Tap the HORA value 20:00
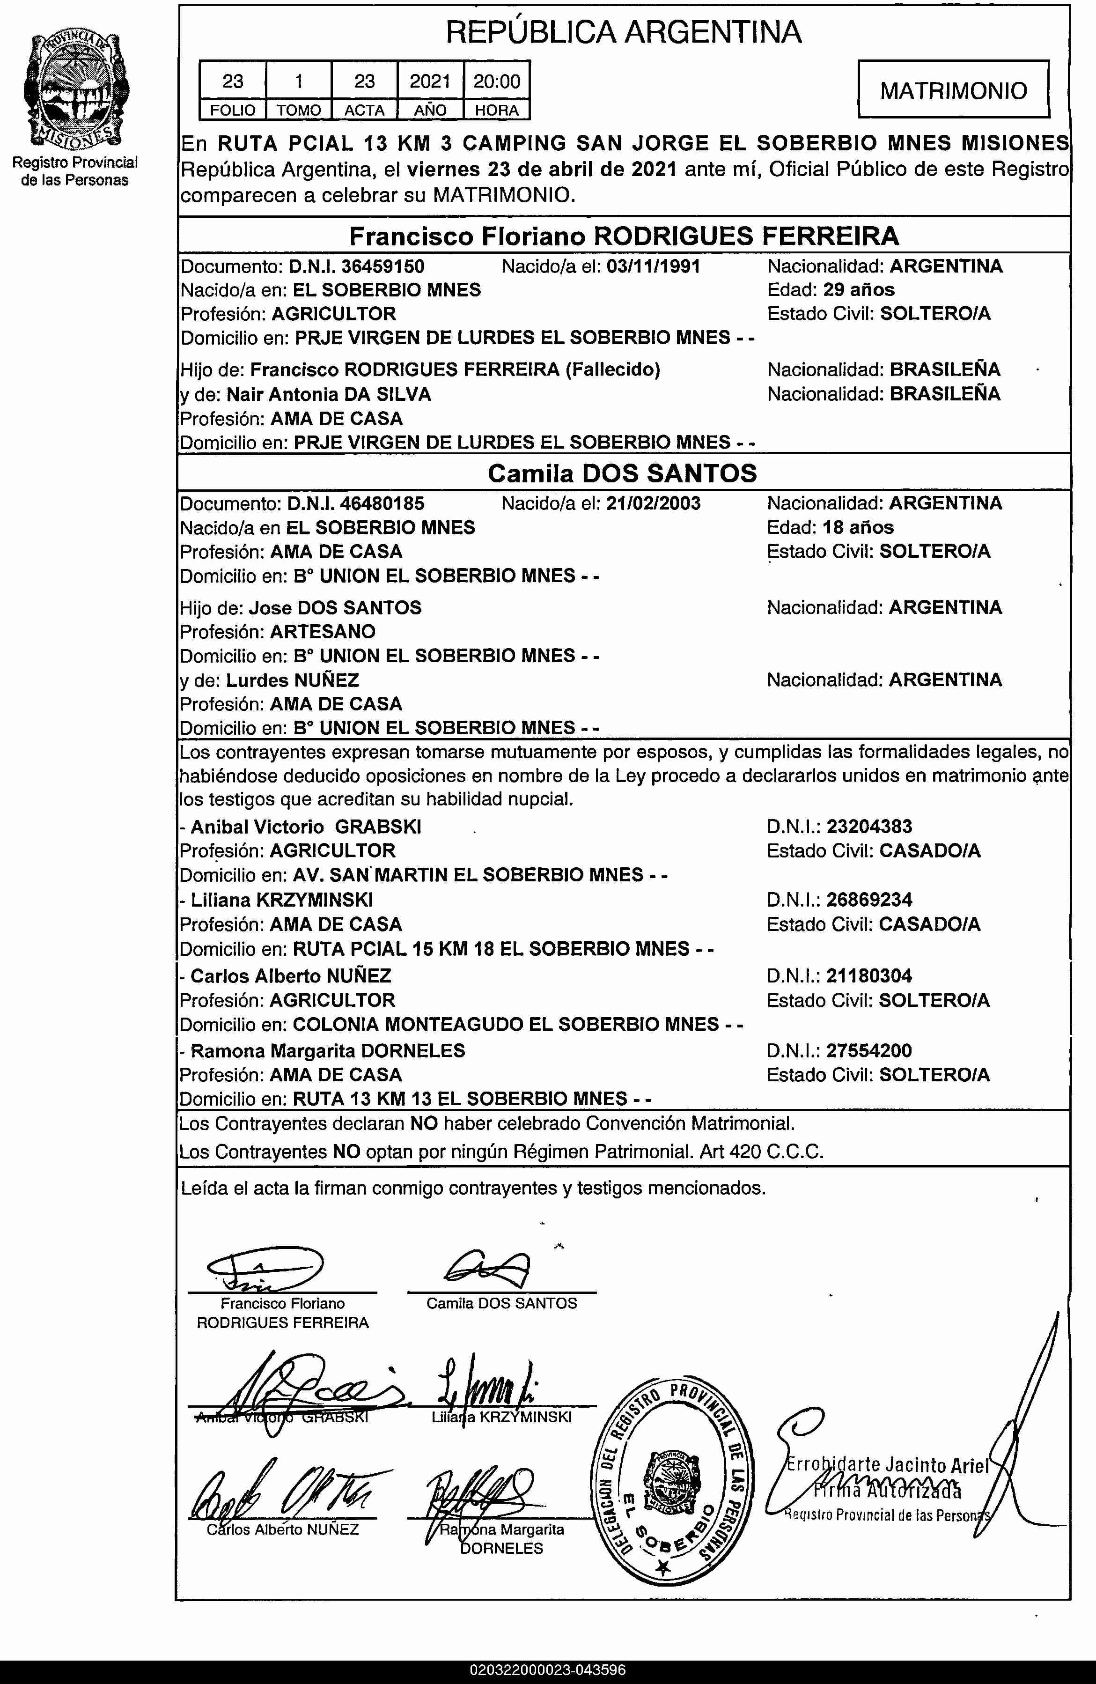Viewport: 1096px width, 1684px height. [x=497, y=81]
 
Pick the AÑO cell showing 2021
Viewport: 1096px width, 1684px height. [x=430, y=81]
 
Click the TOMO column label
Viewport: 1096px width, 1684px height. [x=299, y=111]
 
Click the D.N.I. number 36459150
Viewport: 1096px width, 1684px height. [x=383, y=267]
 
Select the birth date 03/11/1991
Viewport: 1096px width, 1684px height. [x=653, y=267]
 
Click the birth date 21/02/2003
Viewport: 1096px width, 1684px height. [x=653, y=504]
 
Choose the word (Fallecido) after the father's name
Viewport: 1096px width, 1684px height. [x=613, y=369]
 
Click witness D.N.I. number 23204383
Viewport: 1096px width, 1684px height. [x=869, y=827]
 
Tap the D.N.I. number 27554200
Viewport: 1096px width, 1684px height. [x=869, y=1051]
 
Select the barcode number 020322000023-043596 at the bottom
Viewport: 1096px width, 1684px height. [x=548, y=1670]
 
